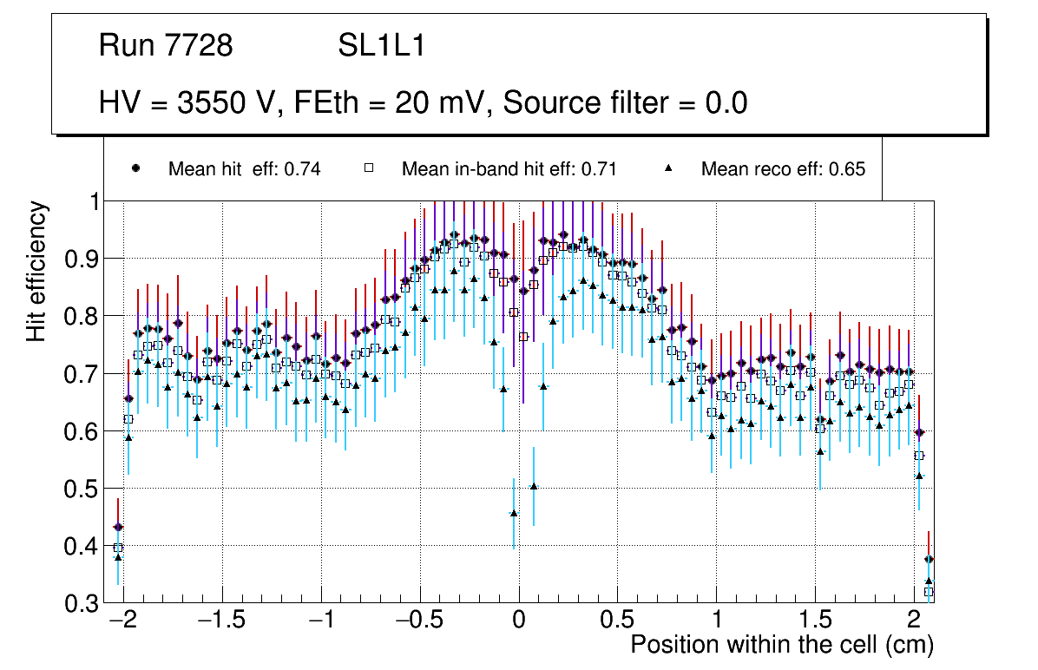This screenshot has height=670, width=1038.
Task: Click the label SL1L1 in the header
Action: (x=381, y=46)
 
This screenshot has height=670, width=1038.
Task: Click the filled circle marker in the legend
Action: (x=135, y=168)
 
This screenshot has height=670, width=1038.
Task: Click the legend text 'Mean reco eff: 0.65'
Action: (x=783, y=169)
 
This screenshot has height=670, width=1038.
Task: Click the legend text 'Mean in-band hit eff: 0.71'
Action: (x=509, y=169)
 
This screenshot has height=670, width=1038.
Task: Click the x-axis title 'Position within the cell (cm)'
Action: (x=782, y=645)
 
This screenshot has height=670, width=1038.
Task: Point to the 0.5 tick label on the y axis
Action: (x=82, y=489)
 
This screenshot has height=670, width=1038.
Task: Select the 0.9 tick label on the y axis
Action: (x=82, y=259)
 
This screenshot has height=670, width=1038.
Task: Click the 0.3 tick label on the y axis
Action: (x=82, y=603)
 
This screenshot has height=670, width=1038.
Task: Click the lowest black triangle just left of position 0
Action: (x=514, y=513)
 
